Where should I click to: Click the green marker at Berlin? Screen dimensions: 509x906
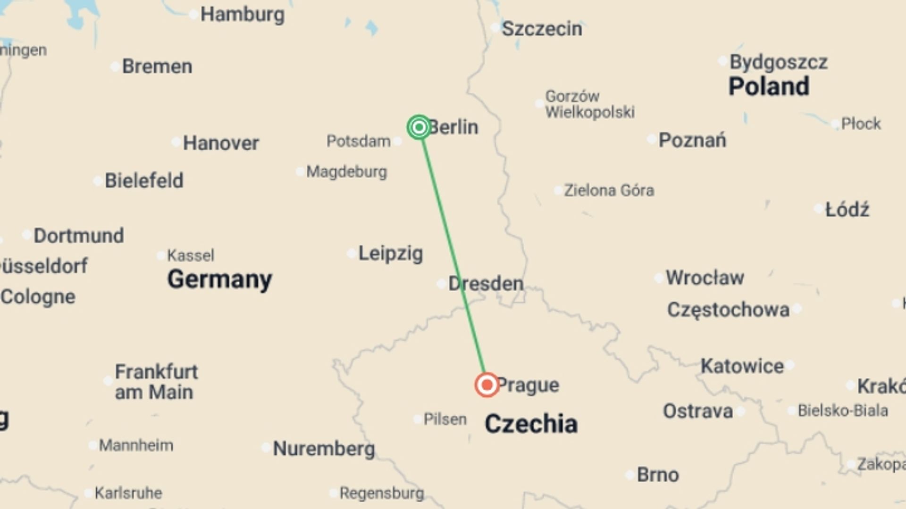pos(419,127)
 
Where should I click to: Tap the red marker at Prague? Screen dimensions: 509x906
pos(487,385)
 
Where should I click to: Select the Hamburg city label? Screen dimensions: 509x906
pos(242,15)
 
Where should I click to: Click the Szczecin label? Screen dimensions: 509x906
pos(542,29)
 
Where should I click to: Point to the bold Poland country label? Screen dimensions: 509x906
pos(769,87)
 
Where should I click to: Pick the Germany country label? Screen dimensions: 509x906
pos(219,279)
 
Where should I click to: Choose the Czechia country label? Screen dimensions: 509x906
pos(531,423)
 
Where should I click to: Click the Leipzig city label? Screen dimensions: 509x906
pos(390,254)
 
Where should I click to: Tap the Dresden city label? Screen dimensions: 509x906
pos(486,284)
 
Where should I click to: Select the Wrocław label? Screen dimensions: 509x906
pos(705,278)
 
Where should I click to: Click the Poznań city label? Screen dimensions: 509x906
pos(692,140)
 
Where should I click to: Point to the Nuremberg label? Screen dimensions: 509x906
pos(324,448)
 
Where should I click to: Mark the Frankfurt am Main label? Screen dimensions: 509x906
pos(156,382)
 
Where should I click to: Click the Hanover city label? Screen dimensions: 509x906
pos(221,143)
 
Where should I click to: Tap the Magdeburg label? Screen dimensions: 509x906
pos(346,172)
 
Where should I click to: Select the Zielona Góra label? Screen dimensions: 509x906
pos(609,190)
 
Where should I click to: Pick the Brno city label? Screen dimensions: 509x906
pos(658,475)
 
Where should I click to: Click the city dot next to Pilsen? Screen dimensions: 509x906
pos(418,419)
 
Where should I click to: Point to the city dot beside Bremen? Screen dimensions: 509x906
pos(115,66)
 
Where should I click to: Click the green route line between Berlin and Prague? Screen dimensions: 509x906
pos(452,254)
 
